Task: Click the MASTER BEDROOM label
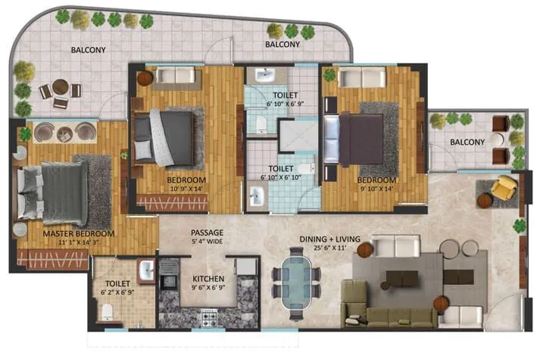pos(79,233)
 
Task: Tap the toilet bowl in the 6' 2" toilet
pos(108,311)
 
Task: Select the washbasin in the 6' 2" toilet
pos(145,269)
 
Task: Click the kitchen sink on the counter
pos(168,271)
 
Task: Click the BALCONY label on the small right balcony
pos(467,142)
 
